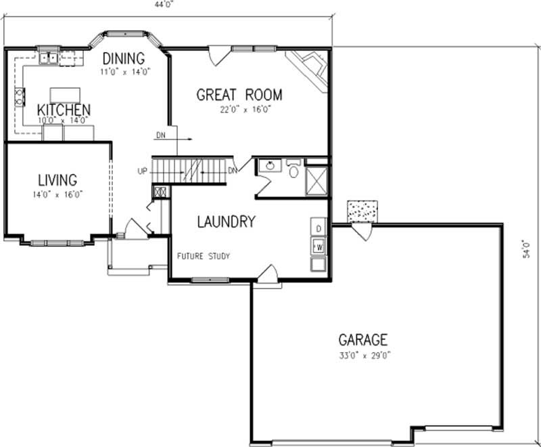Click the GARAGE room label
(x=363, y=339)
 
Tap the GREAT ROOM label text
(x=239, y=95)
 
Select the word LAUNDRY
(x=226, y=221)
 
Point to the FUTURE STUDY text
(x=204, y=256)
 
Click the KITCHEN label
(x=64, y=110)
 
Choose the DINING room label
(x=124, y=58)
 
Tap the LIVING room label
(x=57, y=180)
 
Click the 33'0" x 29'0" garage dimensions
(x=363, y=354)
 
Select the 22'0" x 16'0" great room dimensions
(x=239, y=108)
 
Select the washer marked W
(x=319, y=244)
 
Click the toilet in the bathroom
(x=293, y=169)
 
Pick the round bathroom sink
(x=270, y=166)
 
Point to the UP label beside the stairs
(x=142, y=171)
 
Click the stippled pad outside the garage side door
(x=362, y=211)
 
